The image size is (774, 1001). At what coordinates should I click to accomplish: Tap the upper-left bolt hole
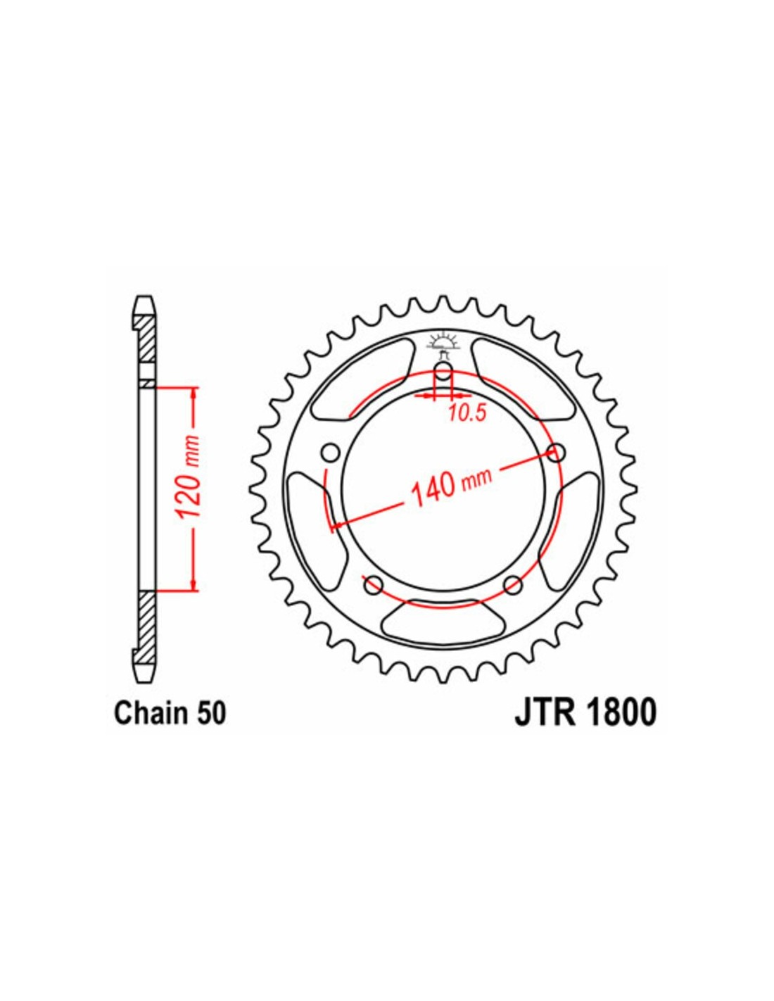[x=331, y=453]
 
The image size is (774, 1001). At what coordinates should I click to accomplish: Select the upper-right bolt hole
[x=557, y=453]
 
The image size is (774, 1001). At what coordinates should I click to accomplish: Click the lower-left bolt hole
[x=374, y=586]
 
